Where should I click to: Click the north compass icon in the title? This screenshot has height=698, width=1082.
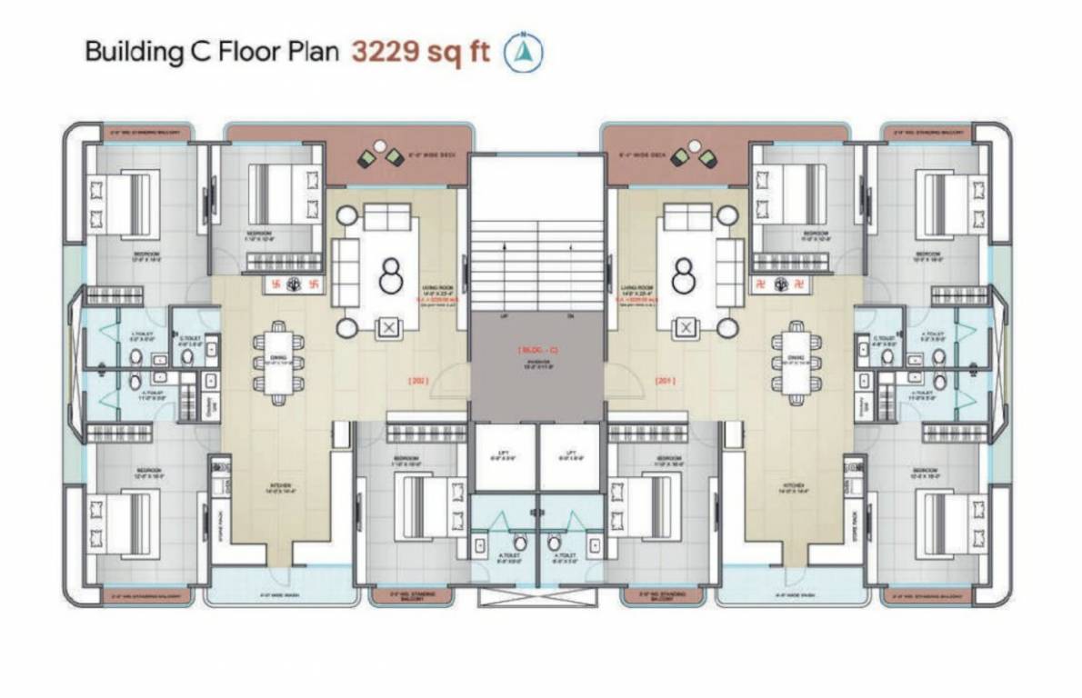coord(524,52)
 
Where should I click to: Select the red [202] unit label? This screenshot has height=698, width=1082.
coord(419,382)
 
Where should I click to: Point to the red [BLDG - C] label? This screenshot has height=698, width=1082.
coord(536,348)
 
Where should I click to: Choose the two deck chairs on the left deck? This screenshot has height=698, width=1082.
coord(381,155)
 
